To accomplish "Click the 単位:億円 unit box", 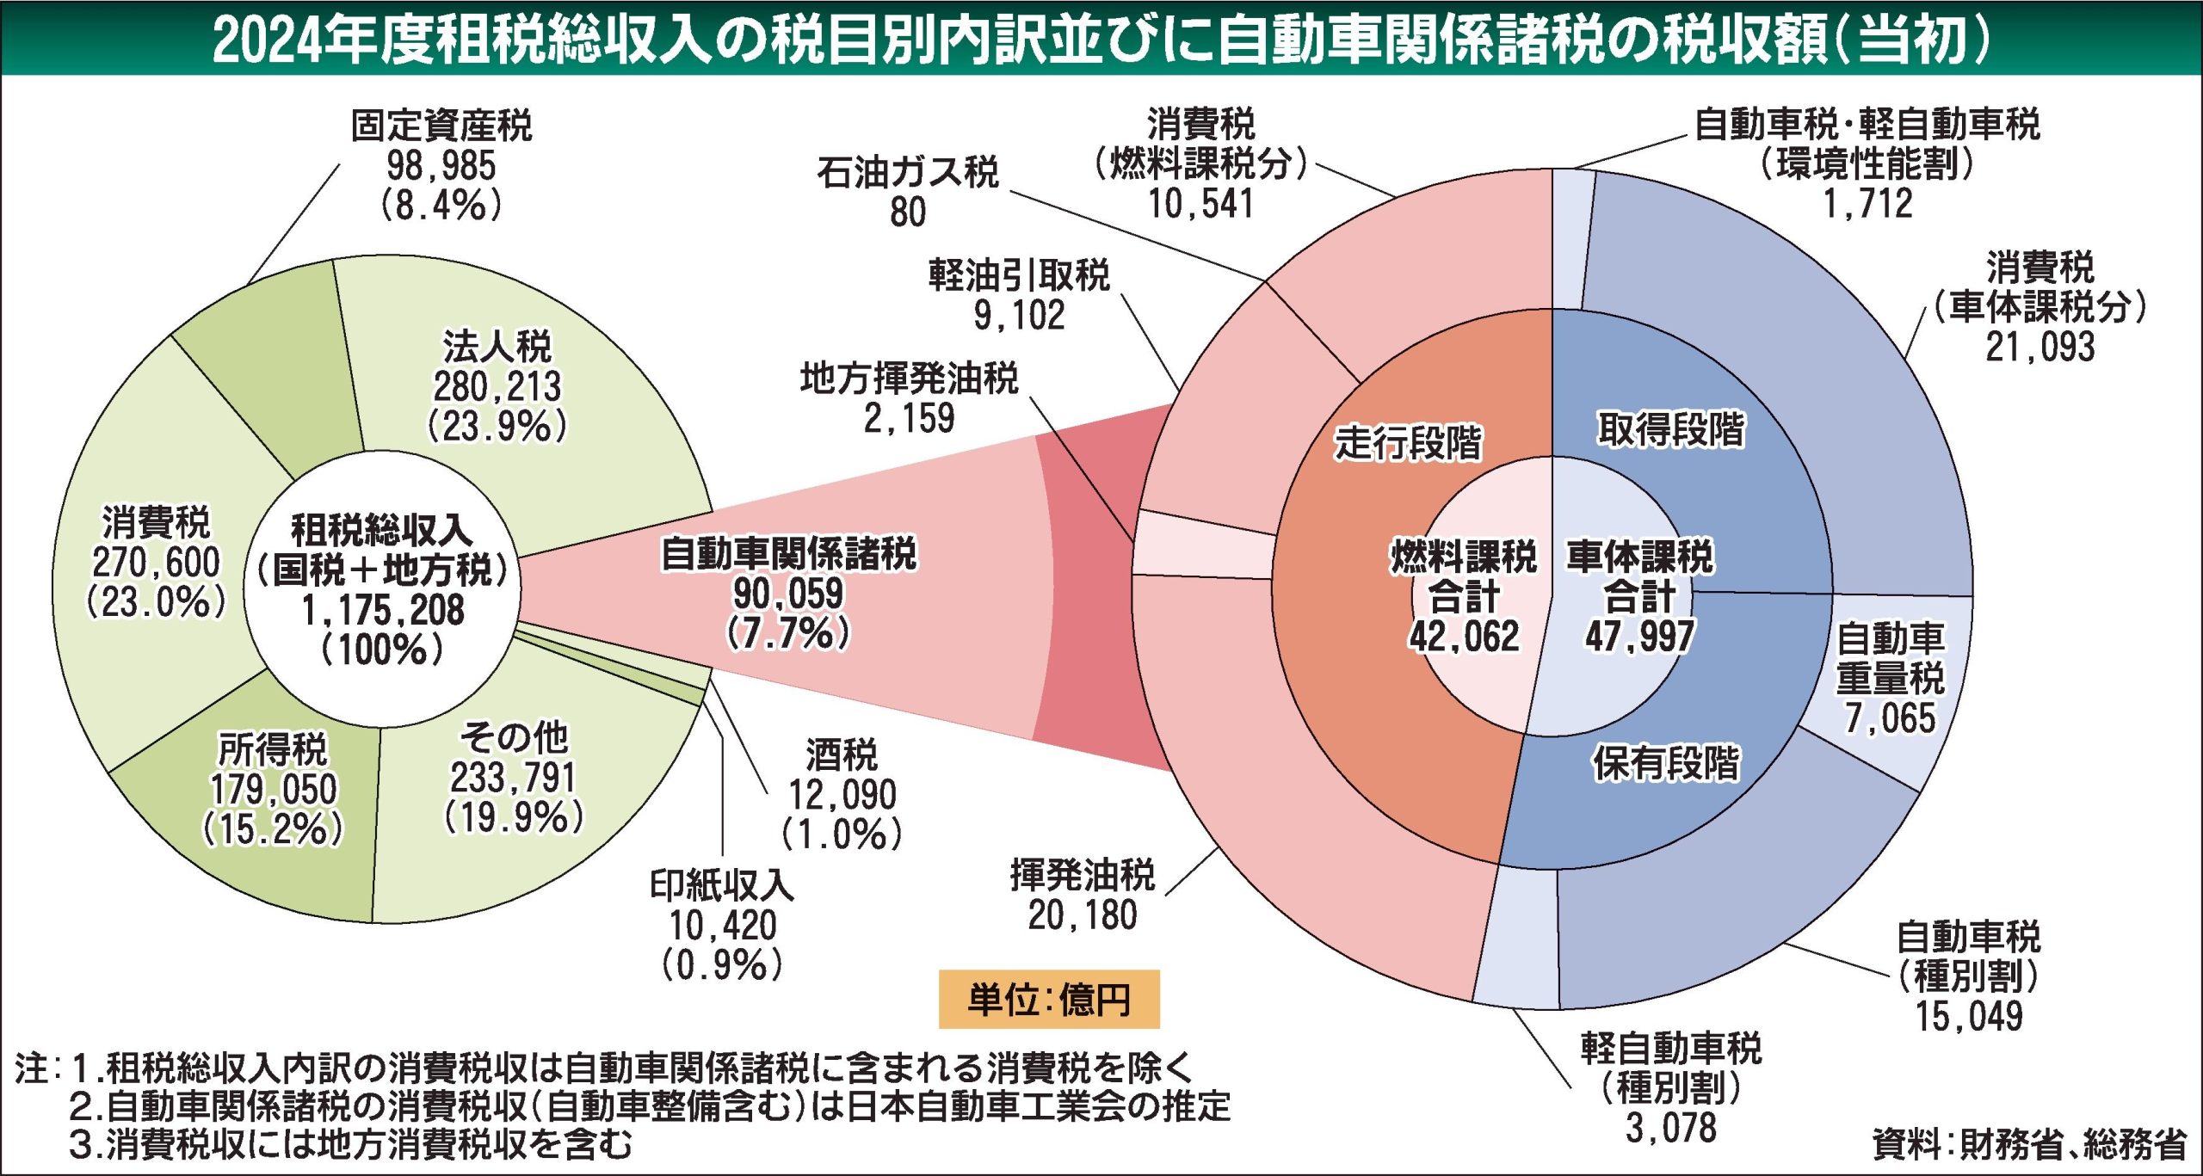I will pos(1048,999).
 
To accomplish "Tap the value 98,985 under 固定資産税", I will pos(441,166).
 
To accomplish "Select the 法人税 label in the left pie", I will pos(497,347).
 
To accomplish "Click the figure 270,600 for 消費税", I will pos(156,563).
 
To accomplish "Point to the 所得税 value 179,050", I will pos(274,789).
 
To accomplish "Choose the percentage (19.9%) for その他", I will pos(514,817).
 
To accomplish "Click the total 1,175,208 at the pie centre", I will pos(382,610).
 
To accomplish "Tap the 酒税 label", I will pos(842,755).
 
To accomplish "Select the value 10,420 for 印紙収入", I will pos(723,926).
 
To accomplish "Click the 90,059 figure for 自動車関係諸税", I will pos(788,594).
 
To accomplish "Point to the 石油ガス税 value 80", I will pos(908,212).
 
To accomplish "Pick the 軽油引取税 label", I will pos(1019,275).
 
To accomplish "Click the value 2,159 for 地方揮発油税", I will pos(909,419).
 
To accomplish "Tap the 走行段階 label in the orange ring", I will pos(1408,443).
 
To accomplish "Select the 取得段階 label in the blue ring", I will pos(1671,428).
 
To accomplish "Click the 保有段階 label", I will pos(1666,762).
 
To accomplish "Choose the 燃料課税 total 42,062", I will pos(1464,637).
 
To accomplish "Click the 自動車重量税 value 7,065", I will pos(1890,718).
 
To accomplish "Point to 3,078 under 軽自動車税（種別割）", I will pos(1671,1128).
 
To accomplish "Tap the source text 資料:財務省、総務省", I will pos(2029,1145).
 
